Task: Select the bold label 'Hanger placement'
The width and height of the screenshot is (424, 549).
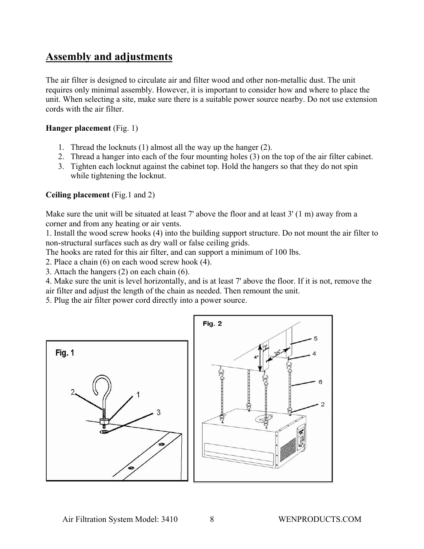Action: click(x=78, y=128)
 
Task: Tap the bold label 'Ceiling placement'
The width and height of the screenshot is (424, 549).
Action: click(x=77, y=195)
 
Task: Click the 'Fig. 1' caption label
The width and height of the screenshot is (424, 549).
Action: click(x=65, y=353)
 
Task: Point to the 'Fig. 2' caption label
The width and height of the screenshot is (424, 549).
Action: click(x=212, y=324)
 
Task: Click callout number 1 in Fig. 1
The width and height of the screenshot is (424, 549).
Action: click(x=138, y=395)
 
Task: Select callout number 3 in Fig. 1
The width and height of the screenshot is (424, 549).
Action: click(x=158, y=413)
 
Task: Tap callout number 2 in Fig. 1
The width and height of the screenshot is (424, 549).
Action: click(x=72, y=392)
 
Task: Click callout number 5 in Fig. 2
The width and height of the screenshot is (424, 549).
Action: click(x=316, y=338)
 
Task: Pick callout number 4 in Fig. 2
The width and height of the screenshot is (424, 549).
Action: click(x=314, y=354)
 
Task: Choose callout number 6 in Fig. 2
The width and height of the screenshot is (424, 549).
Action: click(x=320, y=382)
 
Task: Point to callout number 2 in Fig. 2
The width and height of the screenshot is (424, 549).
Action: click(x=322, y=405)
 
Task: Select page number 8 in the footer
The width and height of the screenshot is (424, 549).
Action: click(x=212, y=519)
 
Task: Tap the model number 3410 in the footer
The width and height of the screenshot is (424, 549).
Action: click(x=169, y=519)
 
